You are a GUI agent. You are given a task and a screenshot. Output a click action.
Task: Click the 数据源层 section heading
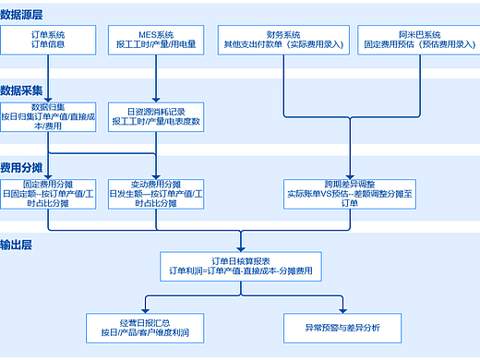22,15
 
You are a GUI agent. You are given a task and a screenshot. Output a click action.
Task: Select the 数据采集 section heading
22,90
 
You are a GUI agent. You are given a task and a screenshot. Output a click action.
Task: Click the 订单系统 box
48,41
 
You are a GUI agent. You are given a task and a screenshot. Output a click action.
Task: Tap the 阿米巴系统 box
415,41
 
